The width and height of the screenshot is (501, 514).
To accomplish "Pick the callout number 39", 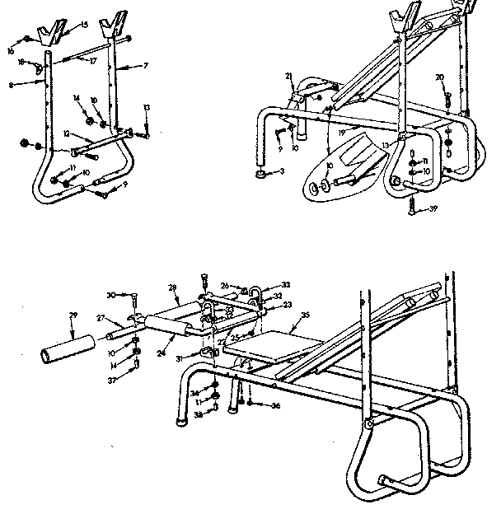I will point(433,211).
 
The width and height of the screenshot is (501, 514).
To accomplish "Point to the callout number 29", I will point(72,316).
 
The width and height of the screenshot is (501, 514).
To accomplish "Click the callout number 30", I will point(110,294).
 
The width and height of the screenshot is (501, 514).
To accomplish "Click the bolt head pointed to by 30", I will point(131,294).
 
